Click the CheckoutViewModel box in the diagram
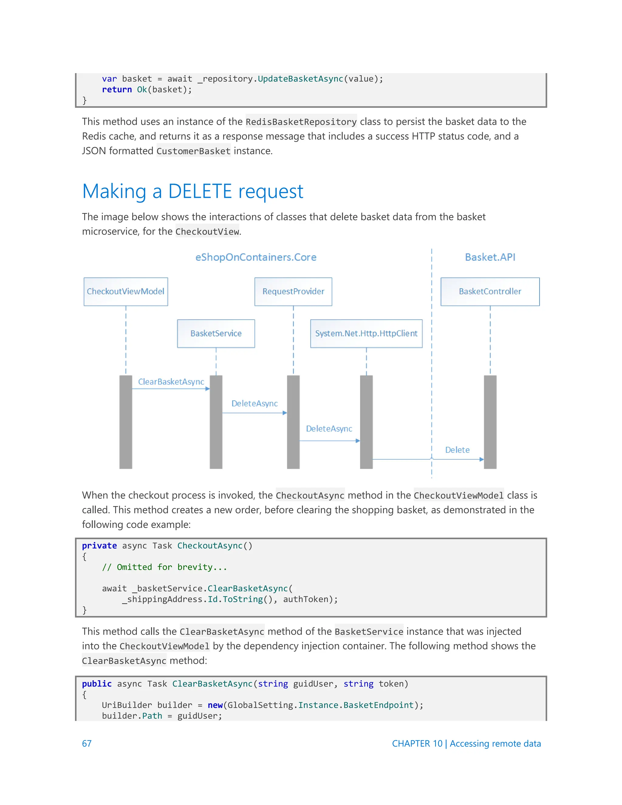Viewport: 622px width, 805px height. point(126,292)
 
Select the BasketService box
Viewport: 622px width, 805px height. point(216,334)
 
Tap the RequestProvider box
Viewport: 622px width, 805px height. point(293,292)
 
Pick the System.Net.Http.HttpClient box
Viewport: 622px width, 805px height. point(366,334)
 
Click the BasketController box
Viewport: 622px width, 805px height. point(490,292)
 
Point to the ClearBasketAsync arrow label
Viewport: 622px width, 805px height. point(171,382)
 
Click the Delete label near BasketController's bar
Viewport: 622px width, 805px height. point(457,450)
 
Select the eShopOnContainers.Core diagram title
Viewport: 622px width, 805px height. point(256,257)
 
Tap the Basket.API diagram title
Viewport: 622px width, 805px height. point(490,257)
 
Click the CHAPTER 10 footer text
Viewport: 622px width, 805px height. point(417,744)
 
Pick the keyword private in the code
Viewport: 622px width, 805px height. point(99,546)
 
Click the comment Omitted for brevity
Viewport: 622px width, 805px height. point(164,567)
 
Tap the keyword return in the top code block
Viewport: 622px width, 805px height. point(117,90)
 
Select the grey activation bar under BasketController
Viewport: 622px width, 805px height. point(490,422)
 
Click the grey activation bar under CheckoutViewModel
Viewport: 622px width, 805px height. point(126,422)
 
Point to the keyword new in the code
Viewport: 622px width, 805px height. point(215,705)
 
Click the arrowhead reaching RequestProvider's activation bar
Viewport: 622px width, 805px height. point(285,413)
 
